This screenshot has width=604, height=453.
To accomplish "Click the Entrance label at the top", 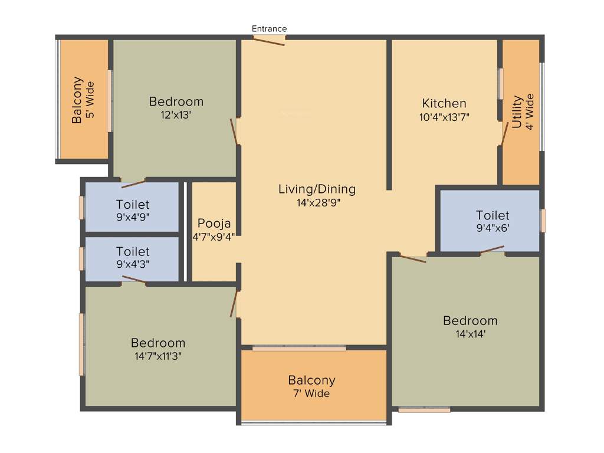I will coord(269,28).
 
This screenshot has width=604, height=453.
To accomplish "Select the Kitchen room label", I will coord(444,103).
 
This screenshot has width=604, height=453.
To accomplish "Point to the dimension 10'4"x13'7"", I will coord(444,117).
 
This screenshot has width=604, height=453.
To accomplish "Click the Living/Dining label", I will coord(317,189).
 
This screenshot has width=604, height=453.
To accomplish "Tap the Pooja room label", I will coord(214,224).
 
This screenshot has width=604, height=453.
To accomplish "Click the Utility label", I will coord(517,111).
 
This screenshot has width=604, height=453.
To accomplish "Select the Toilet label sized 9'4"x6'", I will coord(493,215).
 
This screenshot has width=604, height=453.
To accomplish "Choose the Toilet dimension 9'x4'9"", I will coord(133,217).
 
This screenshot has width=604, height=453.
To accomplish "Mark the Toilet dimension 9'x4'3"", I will coord(133,264).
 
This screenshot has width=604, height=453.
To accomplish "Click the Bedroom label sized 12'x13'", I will coord(176,101).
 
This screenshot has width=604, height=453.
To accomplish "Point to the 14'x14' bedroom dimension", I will coord(470,333).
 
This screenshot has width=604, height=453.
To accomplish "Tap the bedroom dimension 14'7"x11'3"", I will coord(158,356).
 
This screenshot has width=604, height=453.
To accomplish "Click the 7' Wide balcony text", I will coord(311,393).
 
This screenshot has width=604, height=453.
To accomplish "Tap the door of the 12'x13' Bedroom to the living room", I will coord(235,132).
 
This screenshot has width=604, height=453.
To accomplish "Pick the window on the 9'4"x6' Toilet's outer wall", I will coord(543,220).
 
